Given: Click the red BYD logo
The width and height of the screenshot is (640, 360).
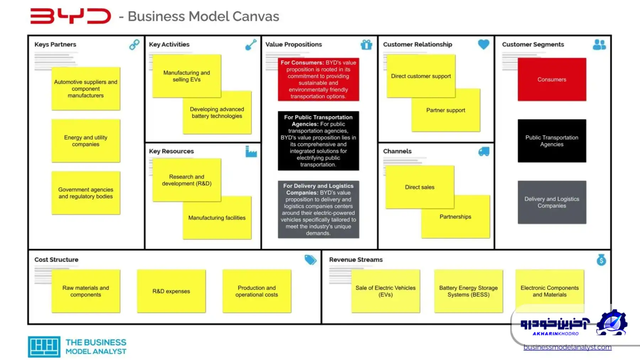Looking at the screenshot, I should pyautogui.click(x=70, y=16).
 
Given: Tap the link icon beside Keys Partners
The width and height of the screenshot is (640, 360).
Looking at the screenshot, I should pyautogui.click(x=134, y=44).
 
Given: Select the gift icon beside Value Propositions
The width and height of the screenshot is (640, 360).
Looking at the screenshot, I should pyautogui.click(x=366, y=44).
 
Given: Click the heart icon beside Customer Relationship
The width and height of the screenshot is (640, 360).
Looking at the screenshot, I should pyautogui.click(x=484, y=44).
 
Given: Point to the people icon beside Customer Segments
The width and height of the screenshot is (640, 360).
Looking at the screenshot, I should pyautogui.click(x=599, y=44).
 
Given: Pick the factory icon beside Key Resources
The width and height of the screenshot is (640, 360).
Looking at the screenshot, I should pyautogui.click(x=251, y=151).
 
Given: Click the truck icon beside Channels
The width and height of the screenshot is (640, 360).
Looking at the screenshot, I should pyautogui.click(x=484, y=151).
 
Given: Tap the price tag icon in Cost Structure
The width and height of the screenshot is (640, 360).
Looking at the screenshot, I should pyautogui.click(x=310, y=260).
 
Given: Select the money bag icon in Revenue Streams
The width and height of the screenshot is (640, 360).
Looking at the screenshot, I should pyautogui.click(x=601, y=260).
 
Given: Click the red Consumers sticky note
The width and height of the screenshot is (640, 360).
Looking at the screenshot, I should pyautogui.click(x=552, y=79).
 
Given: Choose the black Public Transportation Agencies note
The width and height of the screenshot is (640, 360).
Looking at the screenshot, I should pyautogui.click(x=552, y=141).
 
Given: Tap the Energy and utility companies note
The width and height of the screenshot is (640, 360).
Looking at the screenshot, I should pyautogui.click(x=86, y=141).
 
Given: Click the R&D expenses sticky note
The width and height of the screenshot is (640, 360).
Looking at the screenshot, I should pyautogui.click(x=171, y=291).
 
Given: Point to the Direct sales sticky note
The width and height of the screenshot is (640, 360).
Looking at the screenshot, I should pyautogui.click(x=420, y=187).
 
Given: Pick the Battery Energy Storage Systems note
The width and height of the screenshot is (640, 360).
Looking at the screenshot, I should pyautogui.click(x=468, y=291).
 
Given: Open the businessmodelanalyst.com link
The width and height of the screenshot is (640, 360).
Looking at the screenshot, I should pyautogui.click(x=567, y=348).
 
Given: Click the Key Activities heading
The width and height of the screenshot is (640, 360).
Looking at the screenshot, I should pyautogui.click(x=169, y=44).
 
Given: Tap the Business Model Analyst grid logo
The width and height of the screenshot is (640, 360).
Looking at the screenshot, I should pyautogui.click(x=44, y=346).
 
